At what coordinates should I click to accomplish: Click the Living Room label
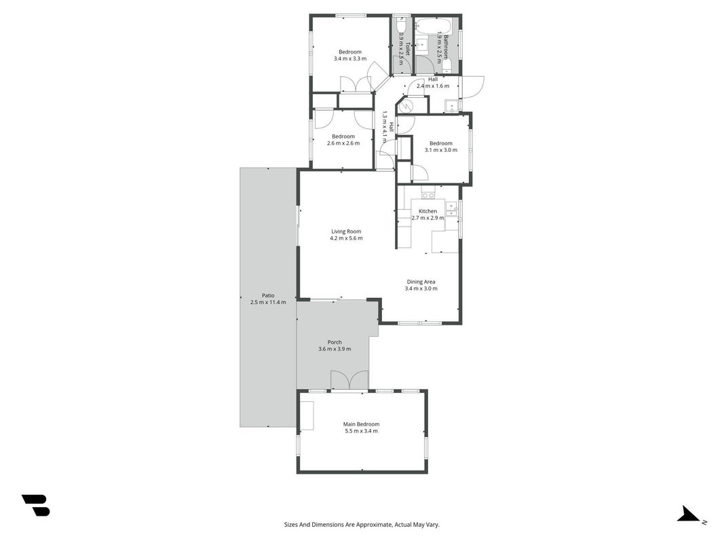(346, 231)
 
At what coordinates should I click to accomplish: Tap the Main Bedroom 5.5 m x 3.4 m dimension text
(361, 431)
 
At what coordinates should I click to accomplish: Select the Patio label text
(268, 295)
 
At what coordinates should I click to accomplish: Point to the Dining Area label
(421, 282)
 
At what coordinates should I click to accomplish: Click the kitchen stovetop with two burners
(428, 195)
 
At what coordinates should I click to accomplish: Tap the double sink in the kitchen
(451, 208)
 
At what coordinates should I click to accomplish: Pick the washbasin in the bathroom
(422, 45)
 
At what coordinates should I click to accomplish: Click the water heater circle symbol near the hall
(405, 107)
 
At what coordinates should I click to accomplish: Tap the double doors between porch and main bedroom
(349, 380)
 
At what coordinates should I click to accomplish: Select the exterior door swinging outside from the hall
(472, 87)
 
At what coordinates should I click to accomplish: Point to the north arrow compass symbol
(689, 514)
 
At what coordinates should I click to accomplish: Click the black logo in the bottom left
(36, 505)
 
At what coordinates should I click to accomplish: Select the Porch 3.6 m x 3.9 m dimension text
(335, 349)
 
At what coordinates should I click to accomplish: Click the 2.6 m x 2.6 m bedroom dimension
(343, 143)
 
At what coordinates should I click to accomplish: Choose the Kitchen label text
(428, 211)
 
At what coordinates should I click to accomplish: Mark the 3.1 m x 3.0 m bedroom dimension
(441, 150)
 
